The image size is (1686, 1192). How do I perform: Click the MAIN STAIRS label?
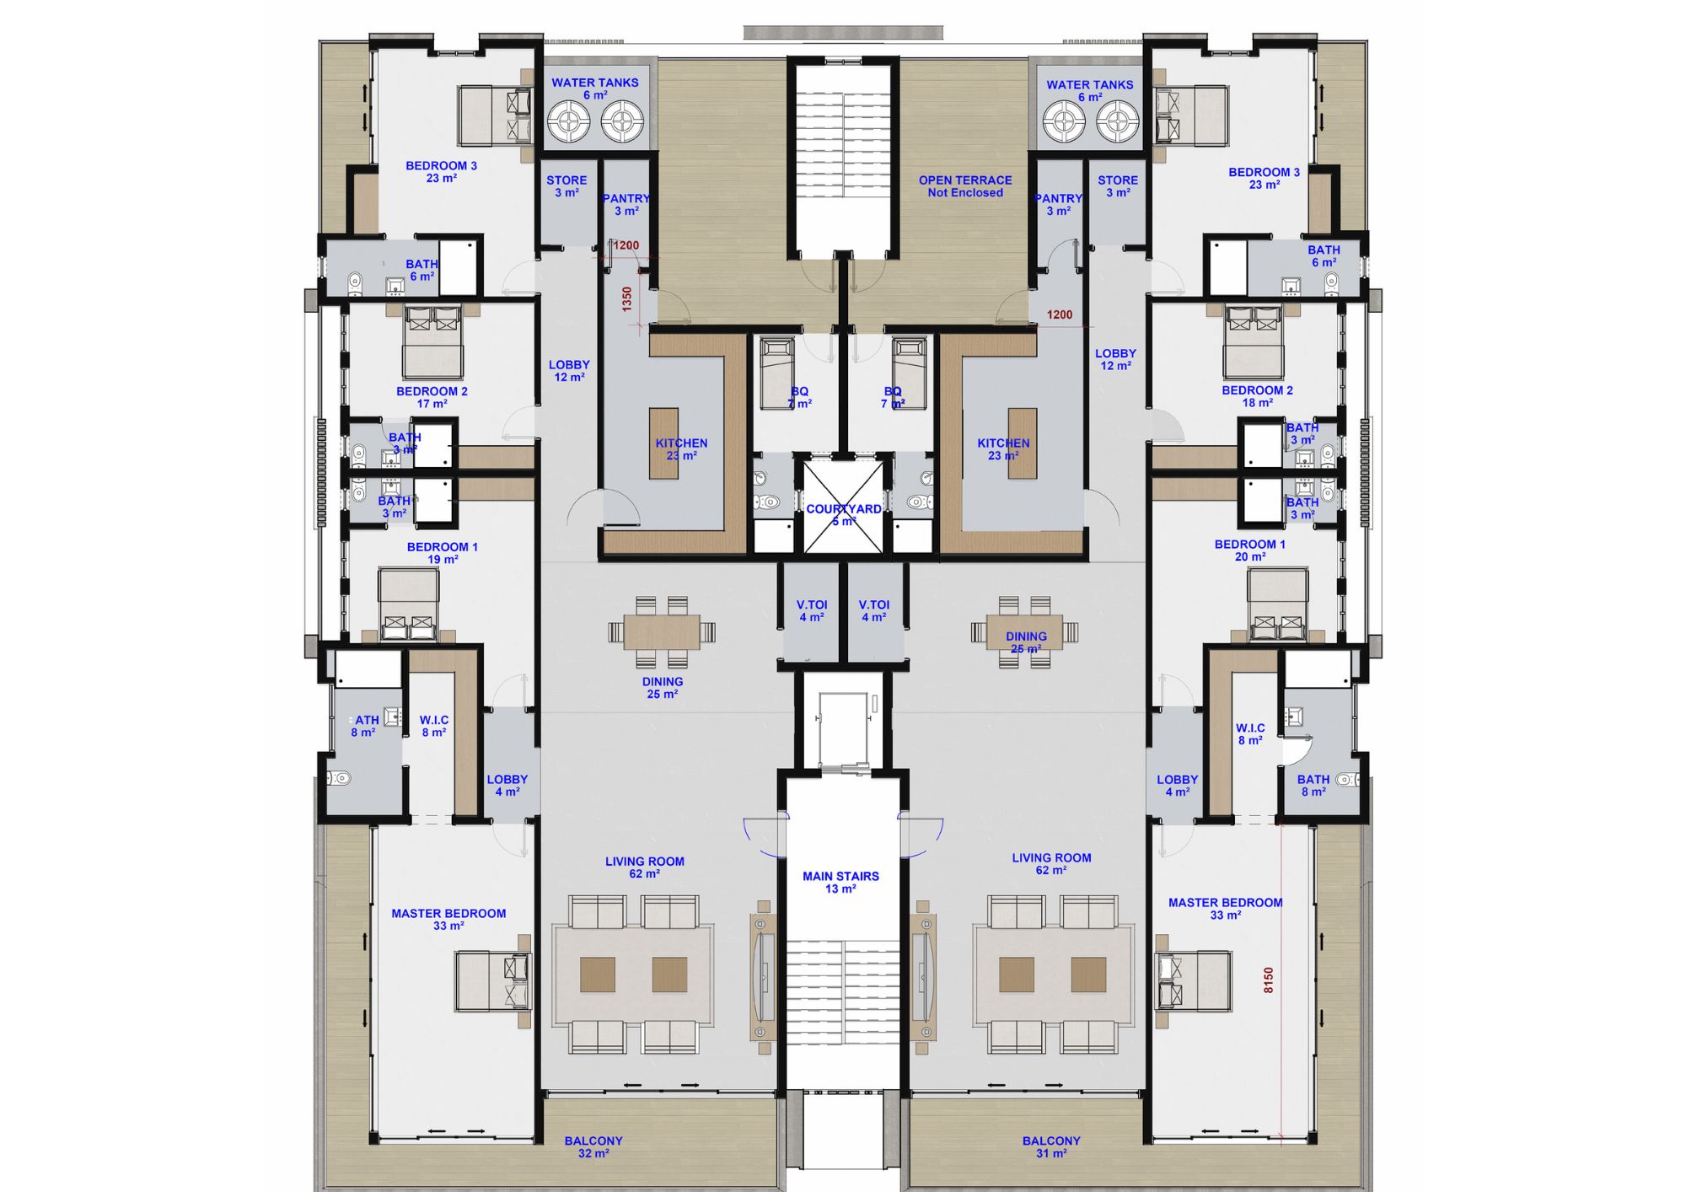pos(840,882)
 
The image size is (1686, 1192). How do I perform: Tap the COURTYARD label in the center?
pos(843,514)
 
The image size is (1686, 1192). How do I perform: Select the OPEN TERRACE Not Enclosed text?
pos(965,186)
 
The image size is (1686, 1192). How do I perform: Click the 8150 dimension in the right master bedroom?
pos(1269,979)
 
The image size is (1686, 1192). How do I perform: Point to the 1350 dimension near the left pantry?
pos(627,299)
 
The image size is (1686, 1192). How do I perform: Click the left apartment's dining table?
pos(662,631)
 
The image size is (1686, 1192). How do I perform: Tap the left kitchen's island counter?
pos(663,443)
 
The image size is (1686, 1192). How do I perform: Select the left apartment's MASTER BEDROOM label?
pos(448,919)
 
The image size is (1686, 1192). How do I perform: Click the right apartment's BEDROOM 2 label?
pos(1257,396)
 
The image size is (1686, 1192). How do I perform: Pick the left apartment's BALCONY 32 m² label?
pos(593,1146)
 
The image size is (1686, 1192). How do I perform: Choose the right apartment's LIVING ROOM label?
pos(1051,863)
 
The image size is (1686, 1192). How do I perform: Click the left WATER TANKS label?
pos(594,89)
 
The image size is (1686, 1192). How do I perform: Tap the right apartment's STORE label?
pos(1118,186)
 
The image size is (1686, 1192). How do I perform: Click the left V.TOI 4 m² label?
pos(812,610)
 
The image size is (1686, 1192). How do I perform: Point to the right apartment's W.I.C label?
pos(1250,733)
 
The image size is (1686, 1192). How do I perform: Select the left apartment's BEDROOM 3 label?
pos(441,171)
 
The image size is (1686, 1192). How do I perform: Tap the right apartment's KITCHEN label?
pos(1003,448)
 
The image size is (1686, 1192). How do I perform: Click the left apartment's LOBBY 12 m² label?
pos(569,371)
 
